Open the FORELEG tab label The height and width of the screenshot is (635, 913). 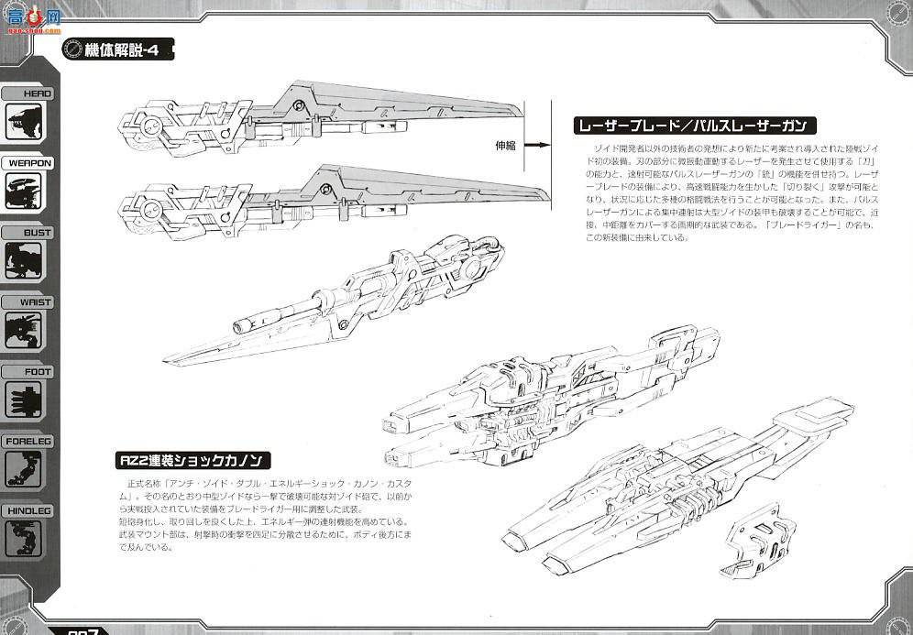pos(29,442)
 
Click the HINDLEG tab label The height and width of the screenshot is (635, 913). pos(29,511)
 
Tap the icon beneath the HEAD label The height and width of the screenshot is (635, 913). pos(25,123)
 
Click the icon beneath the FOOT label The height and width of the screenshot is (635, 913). pos(25,400)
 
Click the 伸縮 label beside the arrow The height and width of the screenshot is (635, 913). pos(506,145)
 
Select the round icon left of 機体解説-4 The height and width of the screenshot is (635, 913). pos(71,50)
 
